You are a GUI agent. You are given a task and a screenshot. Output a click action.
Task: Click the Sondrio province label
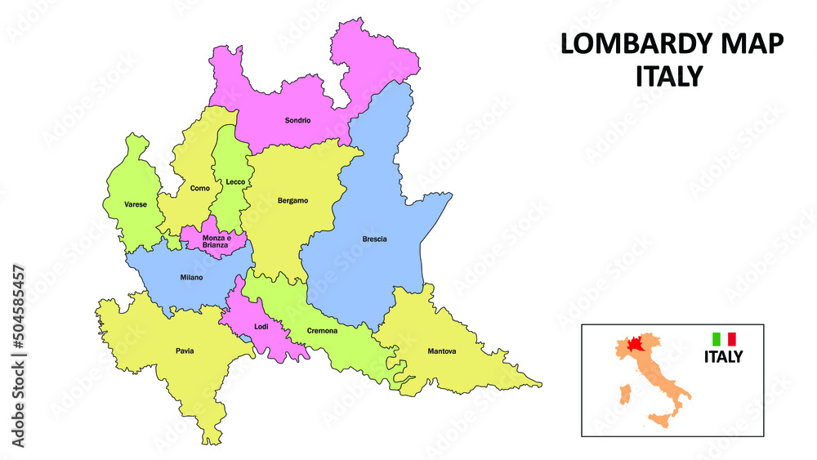point(297,121)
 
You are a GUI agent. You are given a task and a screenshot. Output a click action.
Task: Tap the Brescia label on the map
point(374,239)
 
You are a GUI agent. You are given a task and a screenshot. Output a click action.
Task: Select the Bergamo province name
point(292,200)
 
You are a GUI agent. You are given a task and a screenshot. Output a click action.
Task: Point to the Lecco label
point(235,182)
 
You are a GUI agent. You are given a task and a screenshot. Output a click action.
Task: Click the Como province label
point(199,189)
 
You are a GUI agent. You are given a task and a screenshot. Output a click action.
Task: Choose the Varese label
point(136,204)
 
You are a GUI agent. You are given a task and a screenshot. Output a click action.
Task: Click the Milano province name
point(191,278)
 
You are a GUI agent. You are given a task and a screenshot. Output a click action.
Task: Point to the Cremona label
point(322,331)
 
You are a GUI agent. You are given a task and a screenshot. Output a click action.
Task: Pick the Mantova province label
point(442,351)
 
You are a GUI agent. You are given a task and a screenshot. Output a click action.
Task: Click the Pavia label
point(185,351)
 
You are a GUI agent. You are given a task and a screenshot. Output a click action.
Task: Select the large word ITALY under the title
point(669,76)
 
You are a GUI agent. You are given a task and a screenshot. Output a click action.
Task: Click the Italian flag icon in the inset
point(724,338)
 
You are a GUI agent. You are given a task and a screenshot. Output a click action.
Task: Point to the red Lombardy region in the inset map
point(634,344)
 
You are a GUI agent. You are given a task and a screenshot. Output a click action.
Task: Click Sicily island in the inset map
point(659,420)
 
